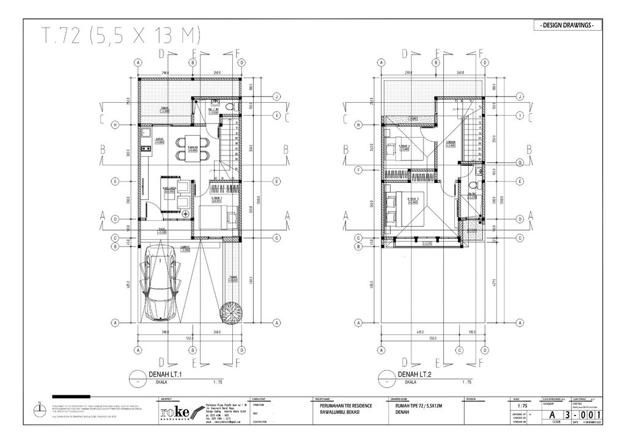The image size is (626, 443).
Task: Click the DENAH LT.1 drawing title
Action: [167, 374]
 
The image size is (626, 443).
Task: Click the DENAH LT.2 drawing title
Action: [416, 374]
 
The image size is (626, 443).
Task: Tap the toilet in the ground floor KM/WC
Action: [228, 107]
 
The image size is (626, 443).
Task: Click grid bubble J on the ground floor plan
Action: [277, 97]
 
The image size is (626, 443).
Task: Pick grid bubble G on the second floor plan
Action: [520, 162]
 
